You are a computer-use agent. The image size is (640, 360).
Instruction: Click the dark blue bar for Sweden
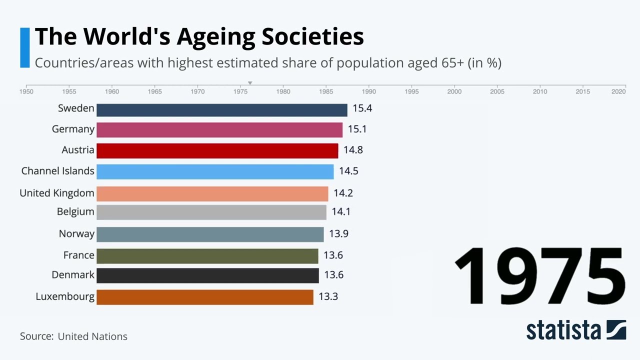tap(221, 110)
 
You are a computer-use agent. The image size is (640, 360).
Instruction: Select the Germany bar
tap(219, 130)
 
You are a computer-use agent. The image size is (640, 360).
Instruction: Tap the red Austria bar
tap(217, 150)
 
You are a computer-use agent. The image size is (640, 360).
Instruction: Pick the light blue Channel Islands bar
tap(215, 171)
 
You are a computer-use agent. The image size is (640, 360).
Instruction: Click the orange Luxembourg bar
tap(204, 297)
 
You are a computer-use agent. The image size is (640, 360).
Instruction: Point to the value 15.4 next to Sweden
tap(362, 108)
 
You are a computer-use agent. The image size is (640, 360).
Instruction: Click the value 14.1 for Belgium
tap(340, 211)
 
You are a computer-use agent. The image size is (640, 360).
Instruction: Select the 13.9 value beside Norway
tap(338, 233)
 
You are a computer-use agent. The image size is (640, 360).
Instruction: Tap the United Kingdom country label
tap(56, 193)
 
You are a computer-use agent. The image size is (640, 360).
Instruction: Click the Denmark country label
tap(72, 275)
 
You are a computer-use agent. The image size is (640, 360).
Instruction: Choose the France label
tap(78, 255)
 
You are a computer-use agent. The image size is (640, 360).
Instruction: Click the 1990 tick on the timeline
tap(369, 91)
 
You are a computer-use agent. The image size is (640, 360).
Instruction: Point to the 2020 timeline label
tap(618, 91)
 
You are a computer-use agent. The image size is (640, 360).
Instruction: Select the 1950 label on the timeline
tap(26, 91)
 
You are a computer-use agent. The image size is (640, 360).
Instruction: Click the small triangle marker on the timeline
tap(250, 83)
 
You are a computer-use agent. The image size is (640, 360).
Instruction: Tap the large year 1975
tap(540, 276)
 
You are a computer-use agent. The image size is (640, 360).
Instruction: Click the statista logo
tap(575, 330)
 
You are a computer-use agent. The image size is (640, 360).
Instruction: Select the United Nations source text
tap(92, 336)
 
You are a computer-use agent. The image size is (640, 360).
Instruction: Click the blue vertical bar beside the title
tap(24, 47)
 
